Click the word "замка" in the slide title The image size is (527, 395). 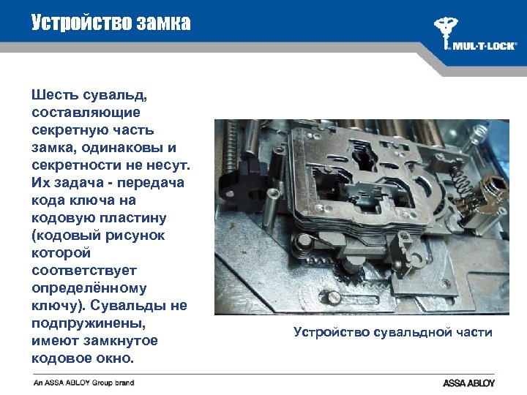click(162, 23)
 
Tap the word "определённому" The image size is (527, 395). click(89, 287)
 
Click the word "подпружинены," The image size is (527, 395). click(89, 323)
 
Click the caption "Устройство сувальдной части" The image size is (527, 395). click(392, 332)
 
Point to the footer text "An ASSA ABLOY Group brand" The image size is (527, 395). click(83, 383)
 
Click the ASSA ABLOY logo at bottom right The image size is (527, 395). click(468, 383)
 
